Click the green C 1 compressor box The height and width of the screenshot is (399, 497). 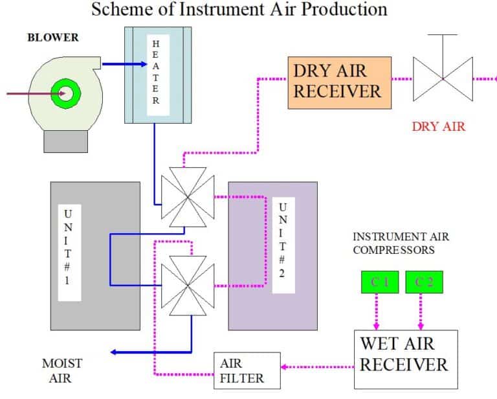coord(379,282)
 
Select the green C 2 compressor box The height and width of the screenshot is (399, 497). coord(424,282)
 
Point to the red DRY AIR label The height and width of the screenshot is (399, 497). coord(438,126)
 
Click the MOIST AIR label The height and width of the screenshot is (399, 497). coord(62,370)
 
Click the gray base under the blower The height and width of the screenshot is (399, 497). coord(65,141)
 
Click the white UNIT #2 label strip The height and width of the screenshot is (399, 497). coord(282,246)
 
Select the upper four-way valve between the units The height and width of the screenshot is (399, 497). coord(187,197)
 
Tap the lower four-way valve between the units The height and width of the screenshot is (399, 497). coord(187,284)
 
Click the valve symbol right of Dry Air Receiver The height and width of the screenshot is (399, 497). coord(443,78)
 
